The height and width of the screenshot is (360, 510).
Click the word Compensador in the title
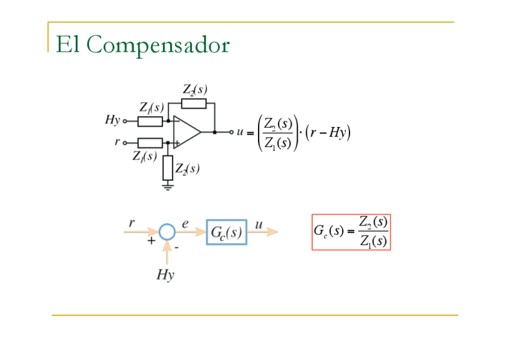tap(161, 46)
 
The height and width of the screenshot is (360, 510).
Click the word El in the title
tap(67, 44)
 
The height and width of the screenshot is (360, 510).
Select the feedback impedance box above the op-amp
tap(194, 103)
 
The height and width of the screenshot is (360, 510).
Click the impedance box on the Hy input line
tap(150, 122)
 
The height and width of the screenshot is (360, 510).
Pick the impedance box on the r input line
tap(150, 143)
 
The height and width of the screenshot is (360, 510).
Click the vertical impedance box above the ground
tap(168, 168)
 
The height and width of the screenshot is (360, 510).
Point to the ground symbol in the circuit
tap(168, 186)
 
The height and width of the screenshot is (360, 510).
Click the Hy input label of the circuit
tap(112, 120)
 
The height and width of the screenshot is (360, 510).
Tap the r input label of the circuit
tap(117, 143)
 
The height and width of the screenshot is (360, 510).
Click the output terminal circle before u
tap(229, 132)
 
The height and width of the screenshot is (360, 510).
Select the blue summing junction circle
tap(167, 232)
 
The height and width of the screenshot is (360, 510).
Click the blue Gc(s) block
tap(227, 232)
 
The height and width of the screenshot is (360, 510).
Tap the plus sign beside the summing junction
tap(152, 241)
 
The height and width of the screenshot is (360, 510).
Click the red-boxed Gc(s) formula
tap(351, 232)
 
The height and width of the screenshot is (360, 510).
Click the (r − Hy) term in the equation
tap(328, 133)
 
